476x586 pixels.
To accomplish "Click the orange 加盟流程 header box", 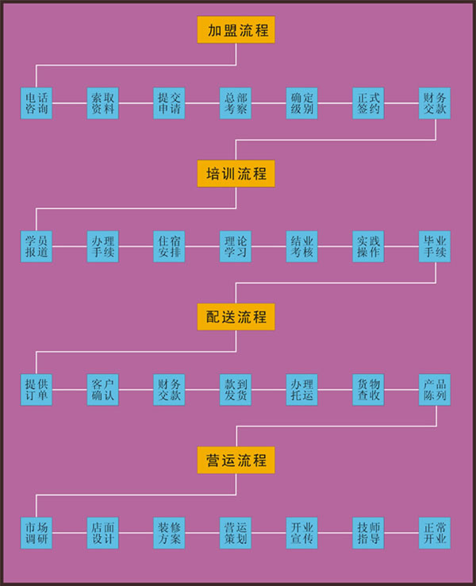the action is pyautogui.click(x=236, y=29).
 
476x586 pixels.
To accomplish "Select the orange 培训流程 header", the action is pyautogui.click(x=236, y=173).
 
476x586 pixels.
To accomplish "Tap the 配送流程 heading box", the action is pyautogui.click(x=236, y=317).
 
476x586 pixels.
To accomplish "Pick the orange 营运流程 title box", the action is pyautogui.click(x=236, y=460).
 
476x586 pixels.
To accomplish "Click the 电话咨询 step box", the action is pyautogui.click(x=36, y=103).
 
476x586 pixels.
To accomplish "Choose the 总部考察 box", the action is pyautogui.click(x=236, y=103).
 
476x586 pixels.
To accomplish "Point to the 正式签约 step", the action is pyautogui.click(x=368, y=103).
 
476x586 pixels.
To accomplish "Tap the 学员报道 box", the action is pyautogui.click(x=36, y=246).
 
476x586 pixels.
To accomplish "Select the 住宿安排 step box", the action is pyautogui.click(x=169, y=246).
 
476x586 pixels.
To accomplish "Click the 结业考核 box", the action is pyautogui.click(x=302, y=246).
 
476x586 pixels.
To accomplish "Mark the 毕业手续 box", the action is pyautogui.click(x=435, y=246).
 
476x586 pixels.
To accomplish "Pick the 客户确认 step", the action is pyautogui.click(x=102, y=390).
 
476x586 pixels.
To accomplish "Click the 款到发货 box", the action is pyautogui.click(x=236, y=390).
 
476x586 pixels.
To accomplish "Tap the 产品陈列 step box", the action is pyautogui.click(x=435, y=390).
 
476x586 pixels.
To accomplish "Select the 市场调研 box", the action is pyautogui.click(x=36, y=533).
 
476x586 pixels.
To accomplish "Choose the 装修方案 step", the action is pyautogui.click(x=169, y=533).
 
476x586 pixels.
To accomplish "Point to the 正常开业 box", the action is pyautogui.click(x=435, y=533).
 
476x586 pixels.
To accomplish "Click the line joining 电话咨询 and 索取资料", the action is pyautogui.click(x=70, y=103).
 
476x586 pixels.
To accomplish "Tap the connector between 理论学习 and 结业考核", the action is pyautogui.click(x=269, y=246).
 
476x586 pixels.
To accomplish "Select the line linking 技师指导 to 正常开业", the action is pyautogui.click(x=401, y=533).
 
